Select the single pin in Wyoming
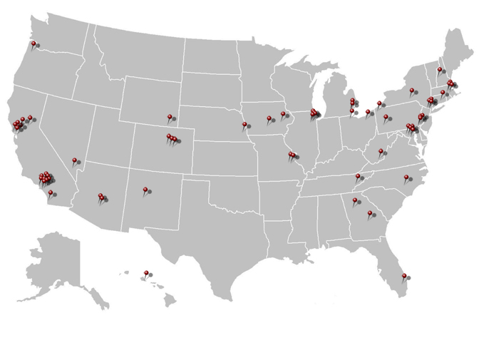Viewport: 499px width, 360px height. pyautogui.click(x=170, y=117)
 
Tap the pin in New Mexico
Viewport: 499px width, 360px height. pyautogui.click(x=145, y=190)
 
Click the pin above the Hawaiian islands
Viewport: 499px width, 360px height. pyautogui.click(x=145, y=272)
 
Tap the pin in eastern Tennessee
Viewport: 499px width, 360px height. pyautogui.click(x=358, y=176)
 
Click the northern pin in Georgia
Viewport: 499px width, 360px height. pyautogui.click(x=354, y=201)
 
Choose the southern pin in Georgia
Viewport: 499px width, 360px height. pyautogui.click(x=370, y=213)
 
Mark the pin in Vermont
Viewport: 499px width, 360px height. pyautogui.click(x=440, y=70)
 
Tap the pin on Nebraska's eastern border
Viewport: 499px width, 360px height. pyautogui.click(x=245, y=125)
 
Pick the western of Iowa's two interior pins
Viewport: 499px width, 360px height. pyautogui.click(x=269, y=118)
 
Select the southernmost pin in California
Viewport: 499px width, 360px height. pyautogui.click(x=50, y=192)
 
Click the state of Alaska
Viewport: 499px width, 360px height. pyautogui.click(x=57, y=264)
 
